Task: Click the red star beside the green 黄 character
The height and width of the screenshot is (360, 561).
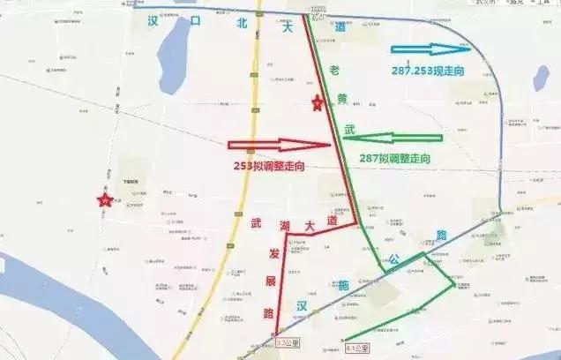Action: coord(318,104)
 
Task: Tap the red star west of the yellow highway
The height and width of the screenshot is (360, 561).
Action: coord(105,201)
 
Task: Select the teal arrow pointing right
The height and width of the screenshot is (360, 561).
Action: coord(429,49)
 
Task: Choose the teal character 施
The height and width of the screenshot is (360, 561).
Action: coord(342,285)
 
